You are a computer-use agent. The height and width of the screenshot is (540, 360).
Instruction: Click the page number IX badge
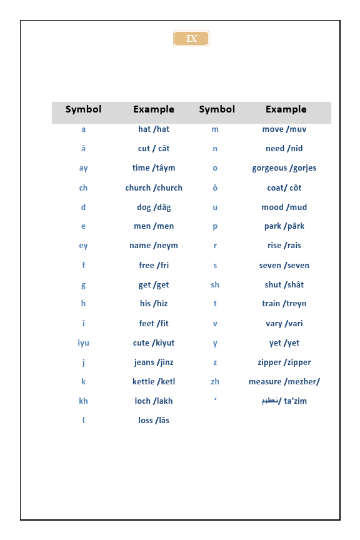point(191,39)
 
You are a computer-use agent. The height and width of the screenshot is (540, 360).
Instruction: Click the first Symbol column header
point(83,109)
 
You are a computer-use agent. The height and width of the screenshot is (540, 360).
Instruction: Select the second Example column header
point(286,109)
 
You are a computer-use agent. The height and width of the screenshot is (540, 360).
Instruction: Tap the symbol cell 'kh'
point(83,401)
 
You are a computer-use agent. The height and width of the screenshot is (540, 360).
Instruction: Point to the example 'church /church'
point(154,187)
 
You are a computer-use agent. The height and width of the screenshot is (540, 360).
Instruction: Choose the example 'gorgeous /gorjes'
point(284,168)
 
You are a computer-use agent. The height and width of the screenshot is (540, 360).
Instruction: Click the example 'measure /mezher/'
point(284,381)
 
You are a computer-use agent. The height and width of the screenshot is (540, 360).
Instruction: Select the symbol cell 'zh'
point(215,381)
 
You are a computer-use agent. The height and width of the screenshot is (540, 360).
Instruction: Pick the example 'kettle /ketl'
point(154,381)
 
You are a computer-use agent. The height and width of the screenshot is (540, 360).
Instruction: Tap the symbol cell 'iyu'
point(83,342)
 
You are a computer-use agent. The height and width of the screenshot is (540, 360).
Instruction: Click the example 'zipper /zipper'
point(284,362)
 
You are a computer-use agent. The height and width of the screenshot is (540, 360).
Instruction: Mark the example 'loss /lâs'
point(154,420)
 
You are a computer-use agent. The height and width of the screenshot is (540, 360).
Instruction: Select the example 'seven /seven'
point(284,265)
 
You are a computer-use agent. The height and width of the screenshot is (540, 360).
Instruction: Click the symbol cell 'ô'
point(215,187)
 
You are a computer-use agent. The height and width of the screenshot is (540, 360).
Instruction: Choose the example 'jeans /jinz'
point(154,362)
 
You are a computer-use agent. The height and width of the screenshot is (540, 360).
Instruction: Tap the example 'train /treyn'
point(284,304)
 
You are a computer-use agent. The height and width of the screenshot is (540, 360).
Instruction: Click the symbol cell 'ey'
point(83,246)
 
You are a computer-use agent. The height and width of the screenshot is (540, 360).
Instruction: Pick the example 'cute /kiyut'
point(154,342)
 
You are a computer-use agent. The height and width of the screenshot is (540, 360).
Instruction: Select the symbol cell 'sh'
point(215,284)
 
